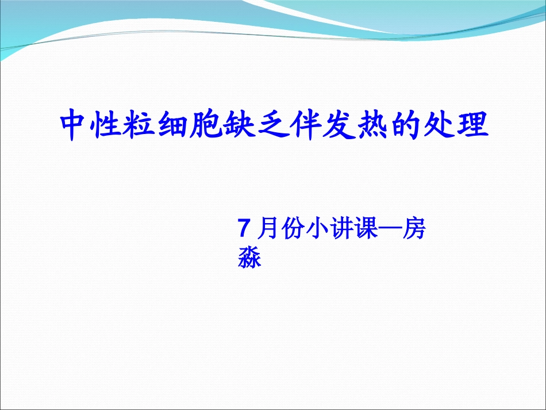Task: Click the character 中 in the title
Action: [77, 126]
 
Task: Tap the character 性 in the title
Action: [110, 126]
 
